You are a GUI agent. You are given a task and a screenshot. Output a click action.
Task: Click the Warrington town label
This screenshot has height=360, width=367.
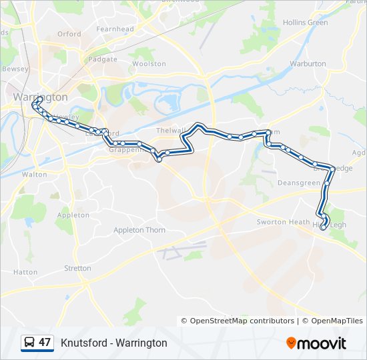(x=40, y=97)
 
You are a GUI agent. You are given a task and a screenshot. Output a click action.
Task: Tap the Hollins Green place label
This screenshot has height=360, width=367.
(x=306, y=23)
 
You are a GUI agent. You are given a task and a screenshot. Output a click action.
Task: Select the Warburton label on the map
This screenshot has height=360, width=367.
(x=308, y=64)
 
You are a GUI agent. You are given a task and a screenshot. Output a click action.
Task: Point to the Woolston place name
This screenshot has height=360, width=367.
(x=149, y=64)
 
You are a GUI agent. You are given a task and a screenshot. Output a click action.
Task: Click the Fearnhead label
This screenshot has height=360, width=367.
(x=115, y=29)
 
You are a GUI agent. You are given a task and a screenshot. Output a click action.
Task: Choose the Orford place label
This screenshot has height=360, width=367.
(x=69, y=34)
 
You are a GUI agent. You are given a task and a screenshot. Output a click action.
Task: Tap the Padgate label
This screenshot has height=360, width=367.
(x=103, y=59)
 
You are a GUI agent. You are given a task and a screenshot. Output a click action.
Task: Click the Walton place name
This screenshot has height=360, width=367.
(x=35, y=174)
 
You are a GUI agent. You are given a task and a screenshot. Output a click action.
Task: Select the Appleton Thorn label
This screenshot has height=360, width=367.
(x=139, y=230)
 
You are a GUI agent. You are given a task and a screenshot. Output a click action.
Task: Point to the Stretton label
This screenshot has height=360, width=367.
(x=78, y=268)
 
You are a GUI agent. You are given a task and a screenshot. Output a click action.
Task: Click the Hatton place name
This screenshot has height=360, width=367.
(x=25, y=272)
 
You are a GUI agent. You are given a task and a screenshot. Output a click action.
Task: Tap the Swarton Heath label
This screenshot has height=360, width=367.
(x=284, y=222)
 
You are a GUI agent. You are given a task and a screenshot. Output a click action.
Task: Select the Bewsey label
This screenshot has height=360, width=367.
(x=15, y=69)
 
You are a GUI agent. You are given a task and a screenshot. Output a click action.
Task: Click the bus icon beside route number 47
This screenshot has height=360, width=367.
(x=29, y=343)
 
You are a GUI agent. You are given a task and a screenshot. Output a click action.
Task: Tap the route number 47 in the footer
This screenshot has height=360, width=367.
(x=45, y=343)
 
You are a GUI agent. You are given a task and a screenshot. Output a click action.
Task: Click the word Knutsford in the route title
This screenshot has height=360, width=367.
(x=83, y=343)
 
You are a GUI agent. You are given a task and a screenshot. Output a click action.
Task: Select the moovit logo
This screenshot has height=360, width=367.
(x=316, y=343)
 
